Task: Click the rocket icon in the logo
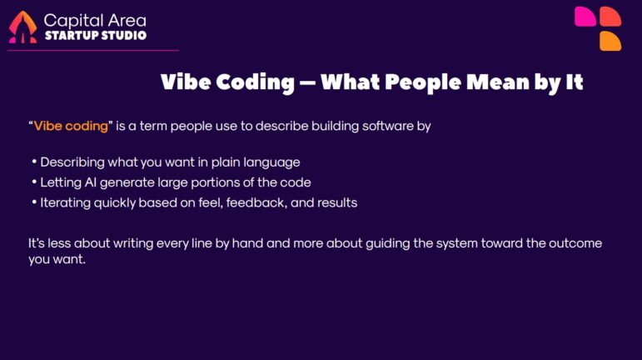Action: point(22,27)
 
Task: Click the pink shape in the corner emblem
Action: point(585,17)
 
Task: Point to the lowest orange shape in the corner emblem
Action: point(610,41)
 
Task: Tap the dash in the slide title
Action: point(307,83)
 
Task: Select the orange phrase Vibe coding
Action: point(72,126)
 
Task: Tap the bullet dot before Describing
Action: point(34,162)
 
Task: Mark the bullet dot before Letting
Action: point(34,182)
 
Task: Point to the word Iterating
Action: point(65,202)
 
